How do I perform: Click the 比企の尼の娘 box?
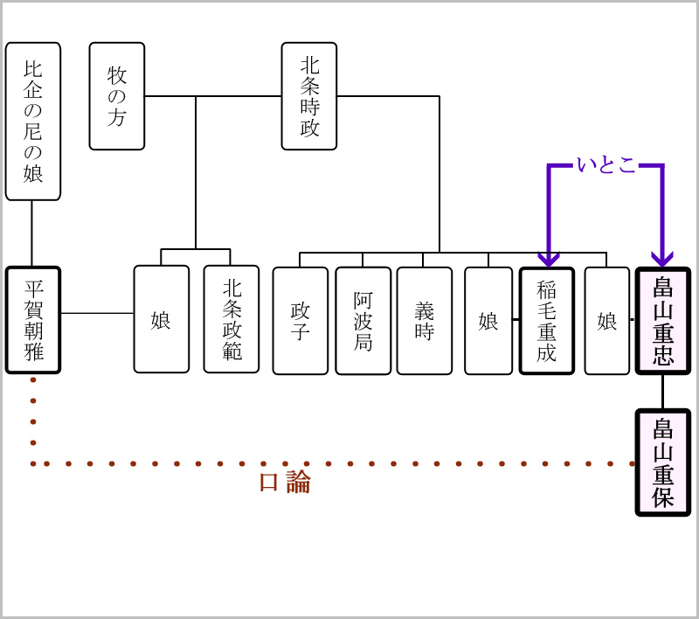(33, 121)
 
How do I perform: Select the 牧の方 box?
(117, 95)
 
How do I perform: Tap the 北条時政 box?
(309, 95)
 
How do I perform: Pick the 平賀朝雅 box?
(33, 320)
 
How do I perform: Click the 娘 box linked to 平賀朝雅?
(162, 319)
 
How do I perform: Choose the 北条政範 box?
(232, 319)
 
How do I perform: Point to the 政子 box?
(301, 321)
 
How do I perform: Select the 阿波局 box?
(363, 321)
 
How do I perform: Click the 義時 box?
(425, 321)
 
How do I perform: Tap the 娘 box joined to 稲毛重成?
(488, 321)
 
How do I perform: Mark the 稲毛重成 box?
(547, 321)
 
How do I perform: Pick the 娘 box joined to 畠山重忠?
(607, 321)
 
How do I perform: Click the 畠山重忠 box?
(663, 321)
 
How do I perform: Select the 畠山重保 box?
(663, 463)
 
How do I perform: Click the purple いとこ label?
(606, 164)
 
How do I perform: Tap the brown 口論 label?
(285, 483)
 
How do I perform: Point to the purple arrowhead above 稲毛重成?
(548, 259)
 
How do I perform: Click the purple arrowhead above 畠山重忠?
(661, 259)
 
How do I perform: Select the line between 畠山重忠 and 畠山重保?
(663, 392)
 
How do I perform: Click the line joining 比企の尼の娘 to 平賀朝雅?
(32, 233)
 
